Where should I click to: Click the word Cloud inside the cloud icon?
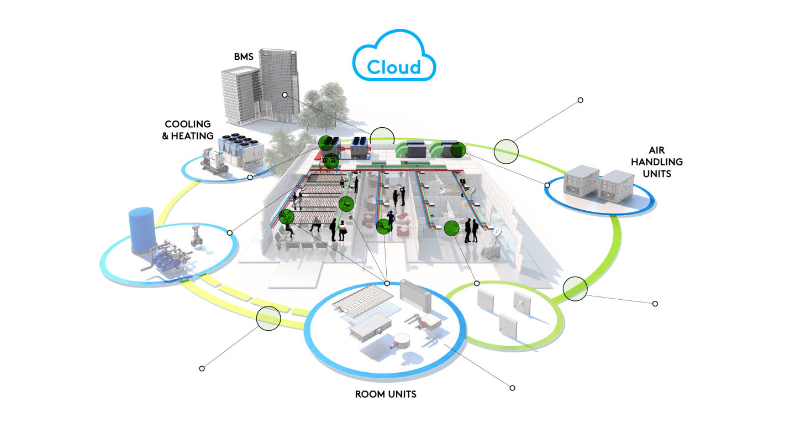[x=394, y=67]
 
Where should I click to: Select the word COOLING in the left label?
[x=188, y=124]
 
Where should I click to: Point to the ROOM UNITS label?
[x=386, y=394]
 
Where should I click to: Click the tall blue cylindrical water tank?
[x=141, y=230]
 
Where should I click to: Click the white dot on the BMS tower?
[x=285, y=95]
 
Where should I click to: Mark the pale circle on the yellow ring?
[x=268, y=319]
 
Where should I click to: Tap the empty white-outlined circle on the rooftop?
[x=382, y=137]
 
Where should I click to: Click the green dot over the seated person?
[x=286, y=217]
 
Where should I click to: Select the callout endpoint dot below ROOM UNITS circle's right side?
[x=512, y=388]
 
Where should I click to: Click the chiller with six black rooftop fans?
[x=240, y=148]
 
